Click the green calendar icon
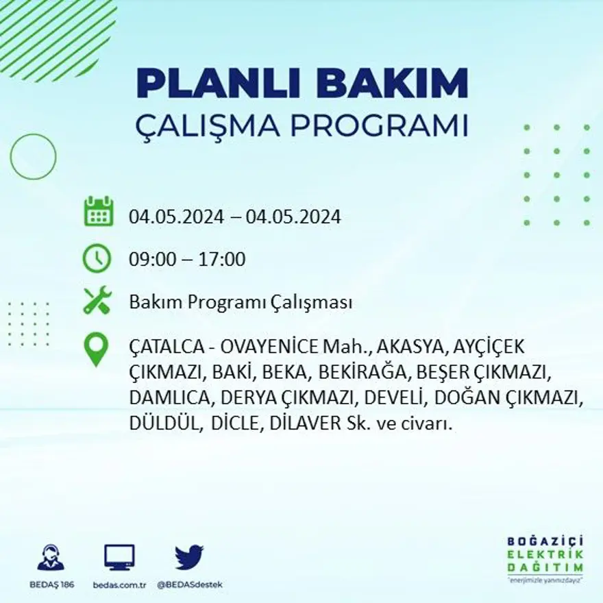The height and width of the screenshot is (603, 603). coord(98,212)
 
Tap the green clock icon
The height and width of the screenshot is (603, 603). coord(97,259)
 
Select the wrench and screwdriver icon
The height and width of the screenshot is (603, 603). coord(97,301)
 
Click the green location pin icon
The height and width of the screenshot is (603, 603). coord(96,349)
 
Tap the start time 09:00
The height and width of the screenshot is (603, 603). coord(151,260)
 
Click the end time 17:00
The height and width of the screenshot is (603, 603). coord(222,260)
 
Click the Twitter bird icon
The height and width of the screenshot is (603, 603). coord(189,557)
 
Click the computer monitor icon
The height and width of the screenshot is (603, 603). coord(119,558)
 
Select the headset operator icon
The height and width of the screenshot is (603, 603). coord(50,558)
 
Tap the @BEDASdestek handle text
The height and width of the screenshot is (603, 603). coord(190,584)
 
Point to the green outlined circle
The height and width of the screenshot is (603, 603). coord(33,156)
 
